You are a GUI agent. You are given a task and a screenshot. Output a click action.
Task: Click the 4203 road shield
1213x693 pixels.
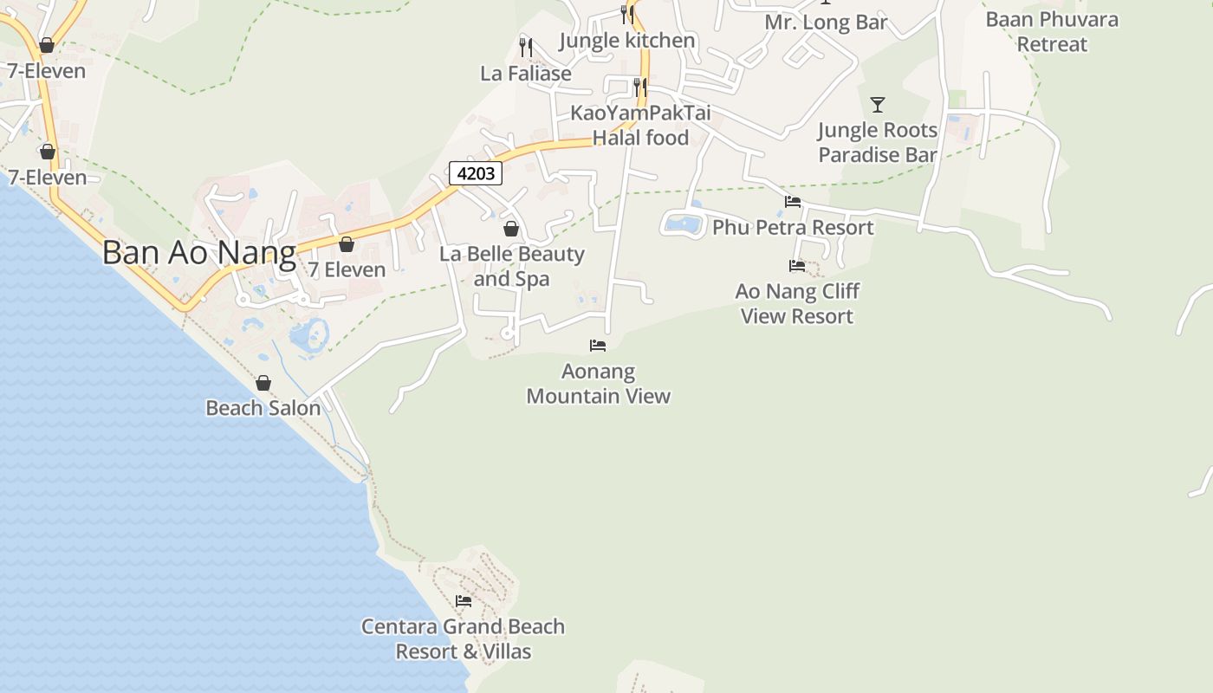[476, 173]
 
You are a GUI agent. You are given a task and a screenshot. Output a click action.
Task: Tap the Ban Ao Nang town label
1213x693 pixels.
[199, 252]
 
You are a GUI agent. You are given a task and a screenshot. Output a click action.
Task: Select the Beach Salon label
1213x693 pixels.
[263, 407]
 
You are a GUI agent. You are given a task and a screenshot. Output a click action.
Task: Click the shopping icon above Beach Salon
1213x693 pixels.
[263, 383]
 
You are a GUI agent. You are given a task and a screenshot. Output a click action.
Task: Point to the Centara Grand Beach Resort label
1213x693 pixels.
[463, 638]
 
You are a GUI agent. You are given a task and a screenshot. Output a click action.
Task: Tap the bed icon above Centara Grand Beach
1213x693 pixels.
[464, 600]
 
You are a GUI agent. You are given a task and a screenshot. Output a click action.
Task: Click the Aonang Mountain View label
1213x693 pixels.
[599, 384]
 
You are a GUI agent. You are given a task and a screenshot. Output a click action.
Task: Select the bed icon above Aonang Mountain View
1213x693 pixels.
[598, 346]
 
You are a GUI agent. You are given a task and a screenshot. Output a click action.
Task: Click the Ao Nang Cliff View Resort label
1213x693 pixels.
[797, 303]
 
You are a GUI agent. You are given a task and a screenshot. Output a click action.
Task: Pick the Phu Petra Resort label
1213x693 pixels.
[793, 228]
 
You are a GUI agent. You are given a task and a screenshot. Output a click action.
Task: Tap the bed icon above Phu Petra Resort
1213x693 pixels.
[793, 202]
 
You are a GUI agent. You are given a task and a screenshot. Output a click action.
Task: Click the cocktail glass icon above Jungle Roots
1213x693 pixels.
[878, 105]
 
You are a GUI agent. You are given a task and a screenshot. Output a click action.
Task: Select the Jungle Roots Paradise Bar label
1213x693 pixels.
[878, 142]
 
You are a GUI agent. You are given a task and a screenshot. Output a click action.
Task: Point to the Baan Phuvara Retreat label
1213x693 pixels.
[1052, 31]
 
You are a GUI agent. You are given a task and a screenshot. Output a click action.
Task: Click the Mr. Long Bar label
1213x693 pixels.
[826, 23]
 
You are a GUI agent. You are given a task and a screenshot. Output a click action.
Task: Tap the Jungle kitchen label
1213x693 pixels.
[627, 41]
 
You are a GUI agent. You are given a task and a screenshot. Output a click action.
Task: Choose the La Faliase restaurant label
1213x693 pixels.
[526, 74]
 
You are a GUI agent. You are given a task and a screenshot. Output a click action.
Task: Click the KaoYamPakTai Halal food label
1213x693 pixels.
[640, 126]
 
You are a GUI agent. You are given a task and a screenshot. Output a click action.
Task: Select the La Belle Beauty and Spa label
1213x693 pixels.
[512, 266]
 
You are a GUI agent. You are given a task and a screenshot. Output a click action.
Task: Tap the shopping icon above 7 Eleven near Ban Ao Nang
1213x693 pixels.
[347, 245]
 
